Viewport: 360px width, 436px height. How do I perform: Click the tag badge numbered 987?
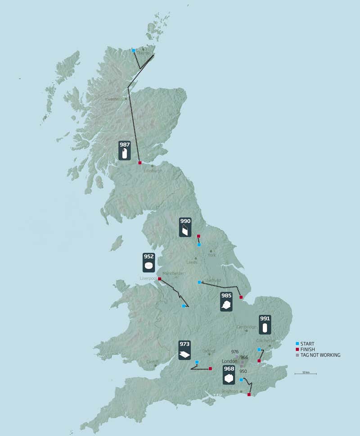[x=125, y=150]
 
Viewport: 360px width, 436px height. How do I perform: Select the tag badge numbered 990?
[x=185, y=228]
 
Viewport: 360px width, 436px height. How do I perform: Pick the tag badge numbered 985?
[x=226, y=301]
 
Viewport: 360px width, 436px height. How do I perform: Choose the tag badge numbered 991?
[x=265, y=324]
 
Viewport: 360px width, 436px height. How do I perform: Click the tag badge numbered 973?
[x=184, y=350]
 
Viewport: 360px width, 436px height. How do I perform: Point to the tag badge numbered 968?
[x=229, y=375]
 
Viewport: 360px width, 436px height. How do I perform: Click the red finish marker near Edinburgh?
[x=139, y=163]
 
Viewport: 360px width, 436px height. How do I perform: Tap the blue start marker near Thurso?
[x=134, y=50]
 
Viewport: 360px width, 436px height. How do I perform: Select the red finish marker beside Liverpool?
[x=160, y=279]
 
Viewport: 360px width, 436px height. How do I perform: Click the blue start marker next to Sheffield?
[x=199, y=282]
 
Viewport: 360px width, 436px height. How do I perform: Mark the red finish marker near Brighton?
[x=249, y=394]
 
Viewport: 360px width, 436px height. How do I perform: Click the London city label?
[x=229, y=361]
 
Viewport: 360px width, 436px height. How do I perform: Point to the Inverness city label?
[x=113, y=99]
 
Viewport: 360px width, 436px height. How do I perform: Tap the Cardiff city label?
[x=152, y=362]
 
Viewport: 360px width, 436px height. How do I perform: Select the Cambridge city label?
[x=246, y=327]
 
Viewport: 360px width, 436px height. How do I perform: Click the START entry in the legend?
[x=306, y=344]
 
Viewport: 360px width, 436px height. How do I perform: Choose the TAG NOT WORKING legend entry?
[x=318, y=355]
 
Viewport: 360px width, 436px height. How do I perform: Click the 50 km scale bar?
[x=306, y=373]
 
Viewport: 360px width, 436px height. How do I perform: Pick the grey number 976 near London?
[x=234, y=351]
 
